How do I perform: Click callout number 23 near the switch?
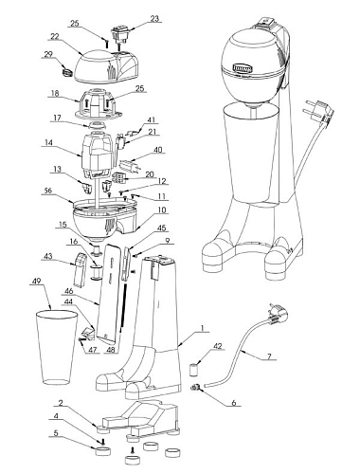154,19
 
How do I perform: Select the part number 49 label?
37,281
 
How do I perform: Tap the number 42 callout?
218,346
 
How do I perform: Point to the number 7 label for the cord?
269,356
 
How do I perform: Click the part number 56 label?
48,191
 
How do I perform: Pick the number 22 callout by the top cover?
55,37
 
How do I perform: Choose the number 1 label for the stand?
203,328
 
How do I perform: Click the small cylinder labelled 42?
193,370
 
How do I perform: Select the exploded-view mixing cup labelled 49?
56,347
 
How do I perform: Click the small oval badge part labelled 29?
66,72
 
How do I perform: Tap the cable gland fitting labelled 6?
196,387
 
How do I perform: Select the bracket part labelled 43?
80,269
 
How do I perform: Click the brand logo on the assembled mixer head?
243,67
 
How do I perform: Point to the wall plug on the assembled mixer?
318,114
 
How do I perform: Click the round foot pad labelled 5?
103,450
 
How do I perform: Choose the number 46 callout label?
68,291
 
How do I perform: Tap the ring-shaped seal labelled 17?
97,124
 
